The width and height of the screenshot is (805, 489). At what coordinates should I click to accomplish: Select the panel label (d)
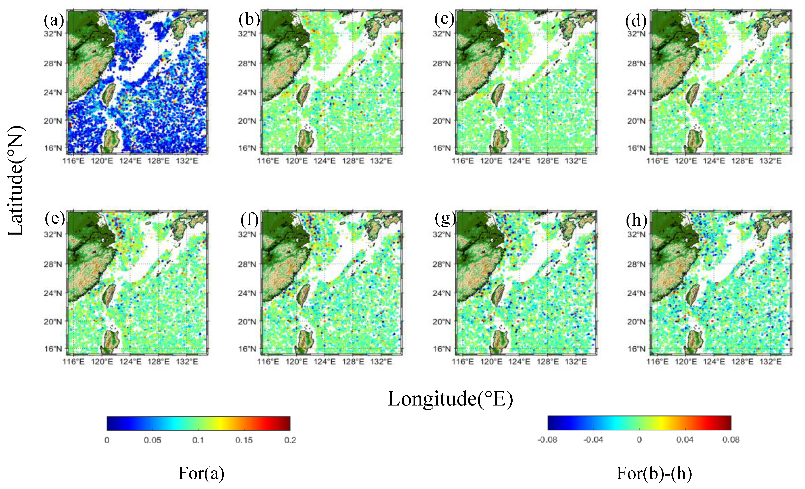pos(636,21)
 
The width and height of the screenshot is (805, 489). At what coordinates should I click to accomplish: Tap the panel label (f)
pos(249,219)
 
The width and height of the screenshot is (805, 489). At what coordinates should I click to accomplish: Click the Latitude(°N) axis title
pos(16,181)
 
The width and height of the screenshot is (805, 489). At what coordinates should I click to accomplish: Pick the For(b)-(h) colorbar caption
pos(654,473)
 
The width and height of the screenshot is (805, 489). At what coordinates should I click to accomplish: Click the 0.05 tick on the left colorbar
pos(153,440)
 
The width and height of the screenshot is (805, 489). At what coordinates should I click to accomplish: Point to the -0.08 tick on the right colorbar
pos(547,440)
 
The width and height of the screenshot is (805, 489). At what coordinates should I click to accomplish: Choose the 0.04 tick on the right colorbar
pos(685,440)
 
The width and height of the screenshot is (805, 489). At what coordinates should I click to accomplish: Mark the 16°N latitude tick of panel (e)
pos(53,349)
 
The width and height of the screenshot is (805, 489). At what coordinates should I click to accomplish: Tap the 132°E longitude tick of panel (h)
pos(770,362)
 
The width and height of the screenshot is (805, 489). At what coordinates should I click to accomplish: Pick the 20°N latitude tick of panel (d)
pos(636,121)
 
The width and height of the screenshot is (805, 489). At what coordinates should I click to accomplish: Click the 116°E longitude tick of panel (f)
pos(268,362)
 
